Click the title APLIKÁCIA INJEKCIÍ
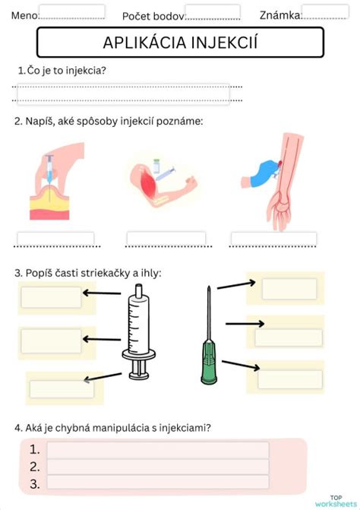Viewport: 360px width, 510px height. [180, 43]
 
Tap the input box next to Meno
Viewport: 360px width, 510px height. [72, 11]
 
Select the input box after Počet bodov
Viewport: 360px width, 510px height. [213, 11]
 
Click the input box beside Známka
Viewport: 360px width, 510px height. [325, 11]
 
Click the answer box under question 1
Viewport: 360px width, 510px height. [124, 94]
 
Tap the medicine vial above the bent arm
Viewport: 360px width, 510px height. [157, 166]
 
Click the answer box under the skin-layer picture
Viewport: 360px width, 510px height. [56, 239]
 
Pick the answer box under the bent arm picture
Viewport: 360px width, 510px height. [166, 239]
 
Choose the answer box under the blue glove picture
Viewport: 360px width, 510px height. [273, 239]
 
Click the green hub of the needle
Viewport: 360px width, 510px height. [209, 361]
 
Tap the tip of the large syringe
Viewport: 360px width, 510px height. [139, 290]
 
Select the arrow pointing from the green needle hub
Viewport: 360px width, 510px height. [241, 365]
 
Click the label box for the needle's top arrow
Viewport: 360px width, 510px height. [289, 289]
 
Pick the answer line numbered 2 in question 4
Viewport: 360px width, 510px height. [158, 467]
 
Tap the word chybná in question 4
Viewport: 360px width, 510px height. [73, 428]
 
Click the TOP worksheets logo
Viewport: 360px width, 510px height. [336, 501]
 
